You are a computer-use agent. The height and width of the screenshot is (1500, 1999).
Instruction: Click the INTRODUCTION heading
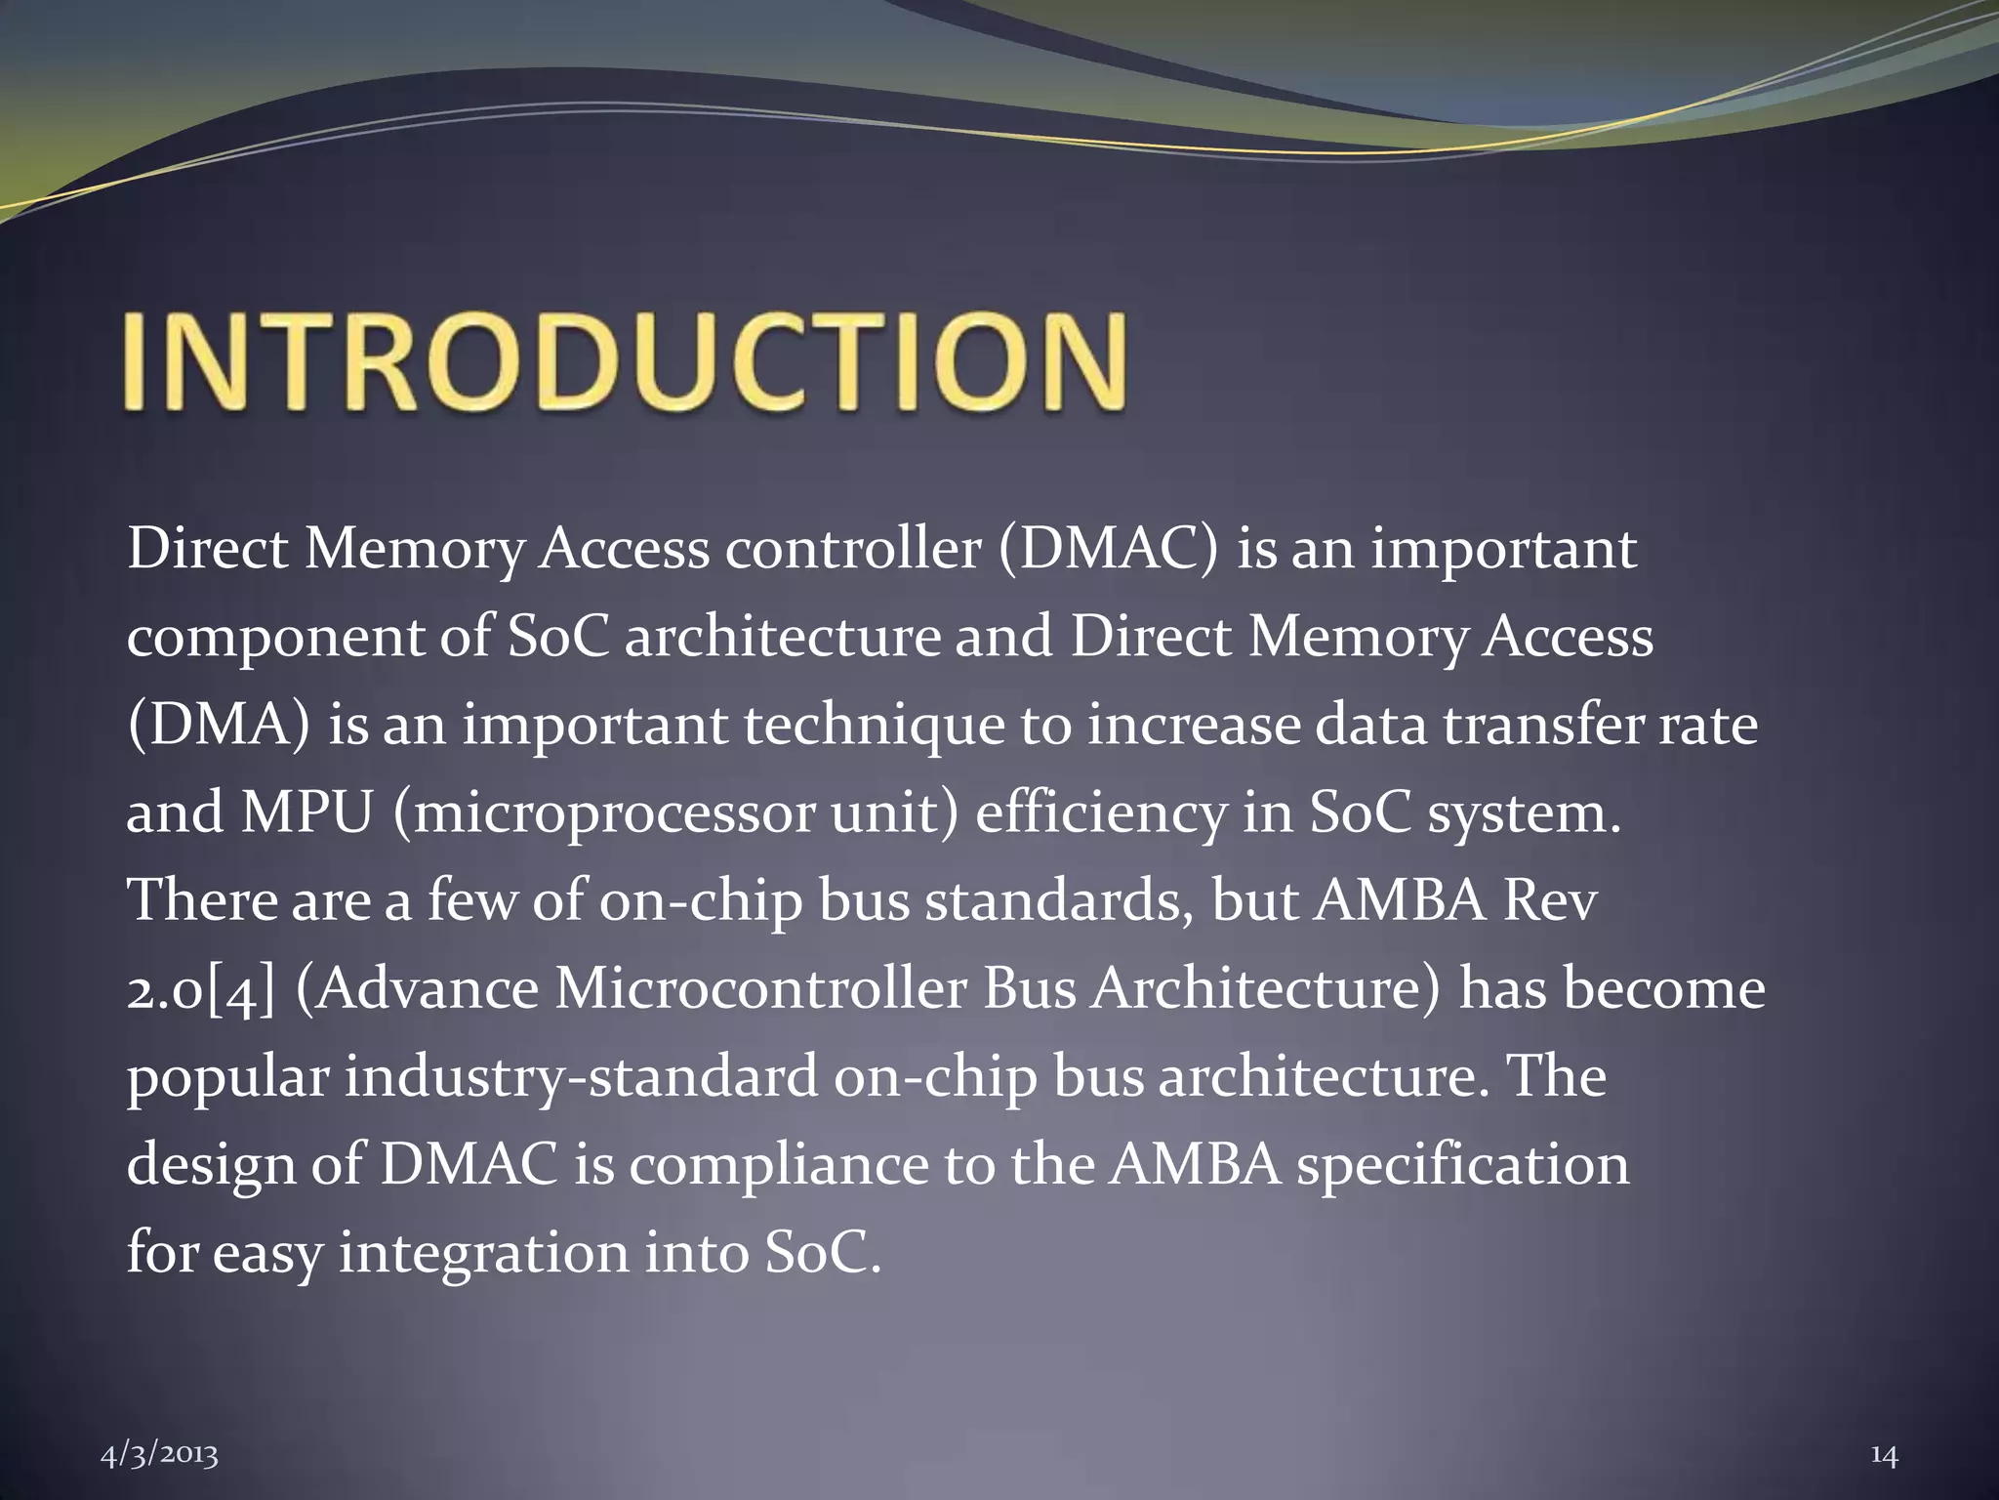[x=625, y=360]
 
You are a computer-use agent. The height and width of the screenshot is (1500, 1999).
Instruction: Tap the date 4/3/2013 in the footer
[x=160, y=1428]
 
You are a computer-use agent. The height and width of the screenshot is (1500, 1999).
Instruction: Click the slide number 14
[x=1884, y=1429]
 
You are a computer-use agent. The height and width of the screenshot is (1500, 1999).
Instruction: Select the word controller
[x=852, y=549]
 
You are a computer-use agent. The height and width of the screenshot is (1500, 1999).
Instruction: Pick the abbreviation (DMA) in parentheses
[x=219, y=727]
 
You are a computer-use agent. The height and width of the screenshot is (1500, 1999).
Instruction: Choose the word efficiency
[x=1100, y=814]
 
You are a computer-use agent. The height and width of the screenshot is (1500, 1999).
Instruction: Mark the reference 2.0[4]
[x=201, y=990]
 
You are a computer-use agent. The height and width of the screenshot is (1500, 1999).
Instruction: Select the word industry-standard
[x=581, y=1078]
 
